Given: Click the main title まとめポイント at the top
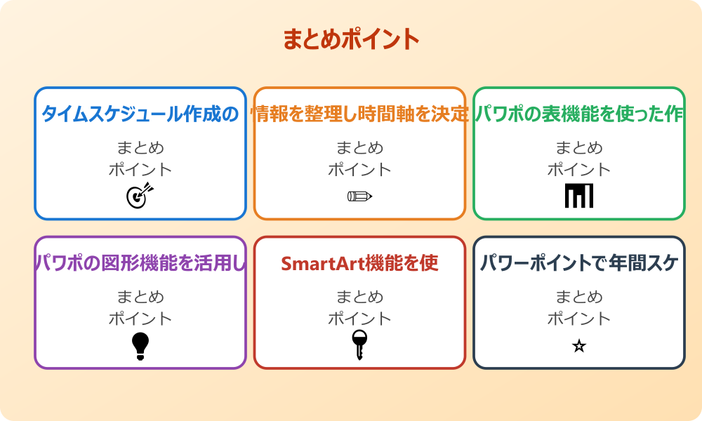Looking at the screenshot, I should coord(351,39).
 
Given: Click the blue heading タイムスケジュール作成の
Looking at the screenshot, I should coord(140,114).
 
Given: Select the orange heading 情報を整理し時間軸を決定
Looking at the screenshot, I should coord(359,114).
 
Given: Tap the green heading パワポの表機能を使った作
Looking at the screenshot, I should coord(579,114).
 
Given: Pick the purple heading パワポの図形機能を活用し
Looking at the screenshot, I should coord(140,263).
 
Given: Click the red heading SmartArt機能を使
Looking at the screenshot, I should coord(359,263).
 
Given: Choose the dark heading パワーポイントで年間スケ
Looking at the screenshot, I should coord(579,263).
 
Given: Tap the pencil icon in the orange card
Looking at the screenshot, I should coord(359,196).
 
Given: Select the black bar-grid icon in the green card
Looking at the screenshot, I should coord(579,196).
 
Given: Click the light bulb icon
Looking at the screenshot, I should coord(140,345).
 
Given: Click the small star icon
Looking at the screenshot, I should coord(579,346).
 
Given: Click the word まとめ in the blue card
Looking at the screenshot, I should coord(140,148).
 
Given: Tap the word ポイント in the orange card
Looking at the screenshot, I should coord(359,170).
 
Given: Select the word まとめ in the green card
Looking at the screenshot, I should coord(579,148).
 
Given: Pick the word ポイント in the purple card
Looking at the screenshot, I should coord(140,319).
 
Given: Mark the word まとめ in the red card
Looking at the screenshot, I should coord(359,298).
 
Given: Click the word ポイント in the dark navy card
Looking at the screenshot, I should coord(579,319).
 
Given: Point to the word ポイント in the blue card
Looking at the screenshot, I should coord(140,170).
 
